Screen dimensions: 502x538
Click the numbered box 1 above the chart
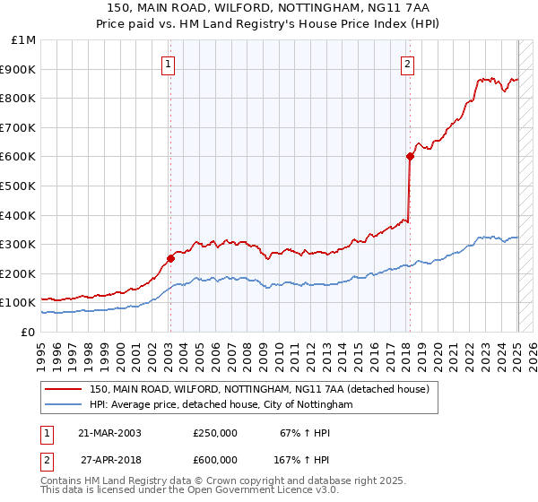point(169,64)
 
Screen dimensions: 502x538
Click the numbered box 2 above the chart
point(408,64)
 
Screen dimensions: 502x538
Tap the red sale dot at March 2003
point(170,258)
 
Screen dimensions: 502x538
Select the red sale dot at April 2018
point(410,156)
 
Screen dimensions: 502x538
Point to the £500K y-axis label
point(18,186)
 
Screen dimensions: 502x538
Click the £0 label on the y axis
point(27,332)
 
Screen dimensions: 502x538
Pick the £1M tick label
point(22,39)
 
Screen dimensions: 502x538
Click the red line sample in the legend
point(63,389)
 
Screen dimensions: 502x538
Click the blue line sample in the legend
point(63,405)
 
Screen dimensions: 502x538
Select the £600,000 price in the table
point(215,460)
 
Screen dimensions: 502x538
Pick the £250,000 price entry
point(215,433)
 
